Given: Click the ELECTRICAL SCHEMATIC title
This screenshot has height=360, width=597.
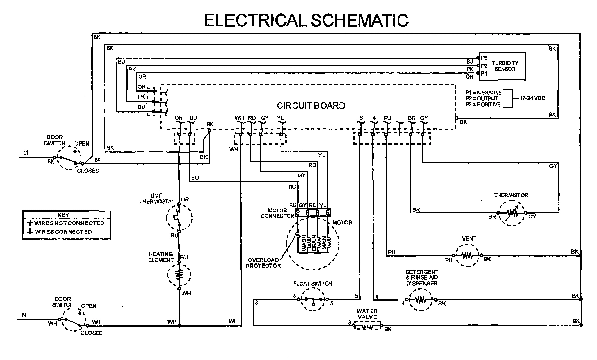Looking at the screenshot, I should pos(306,19).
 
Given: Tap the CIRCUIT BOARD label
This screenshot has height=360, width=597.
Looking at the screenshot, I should pos(311,106).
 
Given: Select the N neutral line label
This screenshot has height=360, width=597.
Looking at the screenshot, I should pos(23,314).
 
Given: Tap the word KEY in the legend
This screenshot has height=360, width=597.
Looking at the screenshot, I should pos(63,215).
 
